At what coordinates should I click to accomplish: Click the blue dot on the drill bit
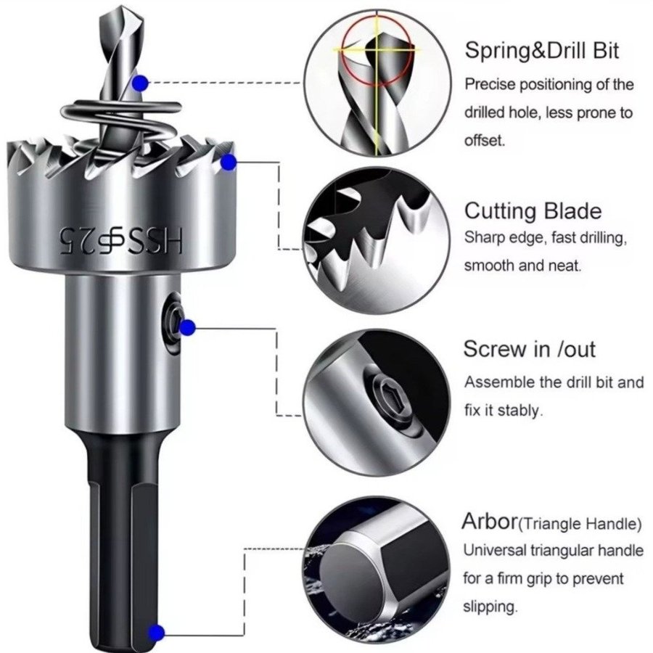tap(140, 83)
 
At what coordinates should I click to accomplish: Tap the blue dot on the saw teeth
tap(229, 163)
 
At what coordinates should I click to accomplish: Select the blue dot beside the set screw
tap(188, 327)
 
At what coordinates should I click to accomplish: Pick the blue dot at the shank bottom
tap(157, 633)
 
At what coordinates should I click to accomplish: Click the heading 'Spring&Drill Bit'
tap(542, 51)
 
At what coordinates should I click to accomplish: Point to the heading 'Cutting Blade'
tap(533, 210)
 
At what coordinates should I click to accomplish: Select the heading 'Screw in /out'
tap(530, 349)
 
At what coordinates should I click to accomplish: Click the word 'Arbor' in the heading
tap(489, 522)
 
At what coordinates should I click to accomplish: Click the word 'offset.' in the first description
tap(485, 140)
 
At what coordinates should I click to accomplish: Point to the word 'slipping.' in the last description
tap(490, 607)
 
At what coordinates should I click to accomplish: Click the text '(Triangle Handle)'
tap(580, 523)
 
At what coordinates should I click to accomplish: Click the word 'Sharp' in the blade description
tap(483, 238)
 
